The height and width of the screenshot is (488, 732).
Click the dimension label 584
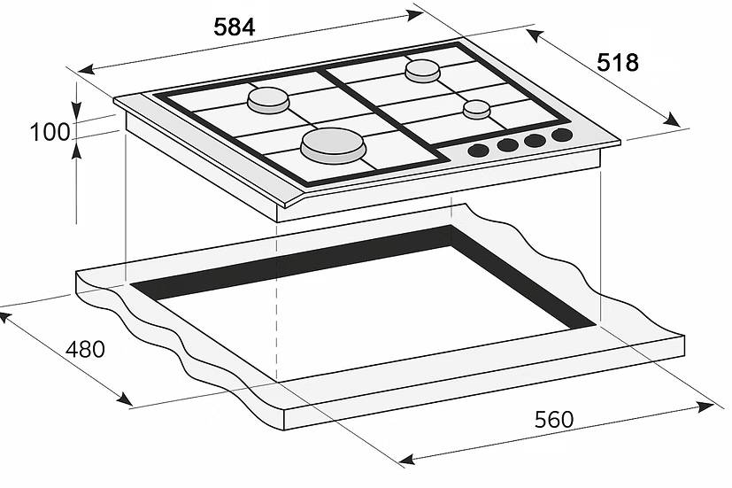point(234,27)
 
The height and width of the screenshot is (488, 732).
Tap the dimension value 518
point(617,62)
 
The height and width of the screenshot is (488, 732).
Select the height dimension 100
point(50,133)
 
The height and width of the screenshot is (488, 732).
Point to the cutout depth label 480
point(85,349)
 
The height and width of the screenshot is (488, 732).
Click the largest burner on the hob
point(333,144)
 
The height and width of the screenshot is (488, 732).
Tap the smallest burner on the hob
point(476,109)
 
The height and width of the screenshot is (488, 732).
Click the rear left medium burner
point(268,101)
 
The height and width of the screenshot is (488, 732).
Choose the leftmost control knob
point(478,150)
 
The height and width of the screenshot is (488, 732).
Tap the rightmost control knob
point(561,136)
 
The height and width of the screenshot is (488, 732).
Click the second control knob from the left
point(507,144)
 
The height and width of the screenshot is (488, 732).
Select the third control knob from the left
point(535,140)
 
